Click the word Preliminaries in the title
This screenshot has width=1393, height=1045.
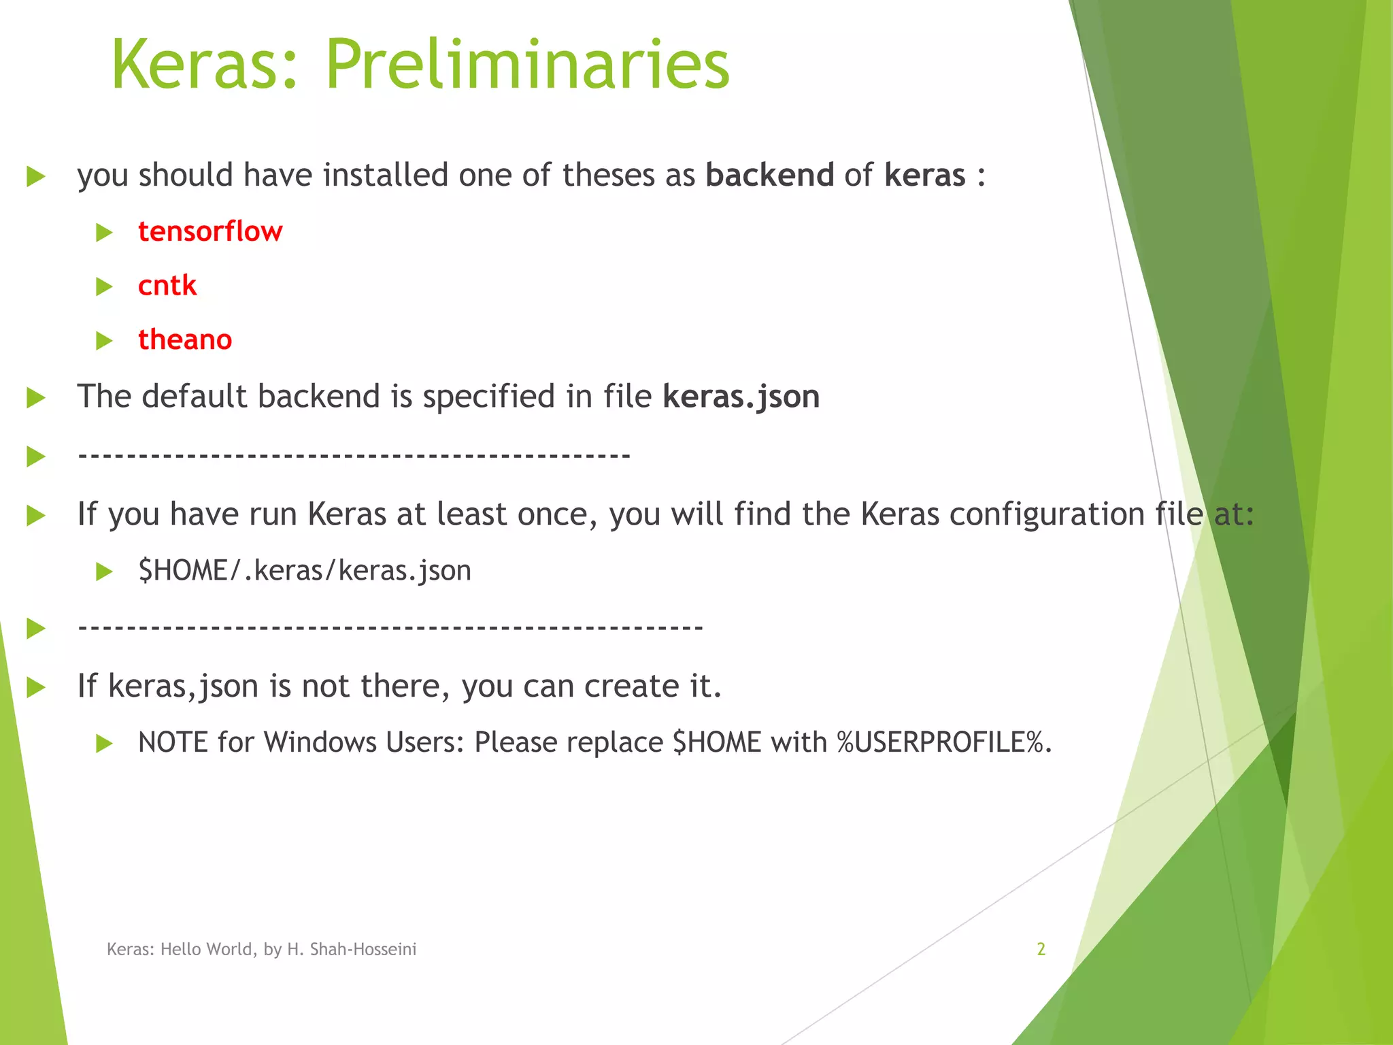(527, 65)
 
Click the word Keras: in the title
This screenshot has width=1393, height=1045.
(204, 65)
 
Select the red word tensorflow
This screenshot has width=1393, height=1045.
(209, 231)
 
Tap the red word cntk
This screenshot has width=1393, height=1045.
(167, 285)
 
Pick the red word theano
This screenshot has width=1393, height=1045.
(184, 339)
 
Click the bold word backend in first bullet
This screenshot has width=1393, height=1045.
(769, 175)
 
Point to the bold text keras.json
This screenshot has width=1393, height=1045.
(741, 397)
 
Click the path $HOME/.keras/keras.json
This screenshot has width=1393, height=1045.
(304, 570)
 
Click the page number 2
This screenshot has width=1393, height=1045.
(1041, 949)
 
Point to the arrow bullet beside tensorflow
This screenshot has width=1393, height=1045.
(104, 233)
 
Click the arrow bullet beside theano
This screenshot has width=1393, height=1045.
(104, 340)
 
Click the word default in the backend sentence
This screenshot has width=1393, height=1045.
(195, 397)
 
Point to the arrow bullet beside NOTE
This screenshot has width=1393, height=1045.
(104, 743)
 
